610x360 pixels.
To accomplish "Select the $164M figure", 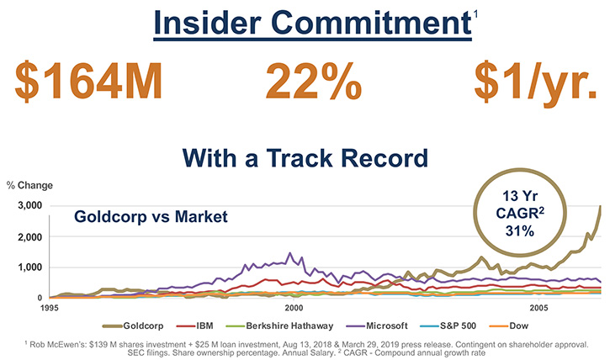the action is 88,81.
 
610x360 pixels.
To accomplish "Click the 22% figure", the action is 314,81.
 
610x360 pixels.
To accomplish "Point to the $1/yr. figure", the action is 536,82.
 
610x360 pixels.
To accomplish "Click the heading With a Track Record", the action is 305,158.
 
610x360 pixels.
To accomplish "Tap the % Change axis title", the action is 29,185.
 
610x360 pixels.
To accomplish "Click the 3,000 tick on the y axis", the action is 30,206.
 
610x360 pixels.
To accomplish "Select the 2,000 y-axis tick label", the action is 30,237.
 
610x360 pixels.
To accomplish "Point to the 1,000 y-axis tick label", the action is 30,267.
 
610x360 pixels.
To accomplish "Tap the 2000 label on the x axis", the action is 294,309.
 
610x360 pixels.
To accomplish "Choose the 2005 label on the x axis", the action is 538,309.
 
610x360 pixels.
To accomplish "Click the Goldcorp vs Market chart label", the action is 151,216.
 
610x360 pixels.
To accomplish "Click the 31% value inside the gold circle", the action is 520,231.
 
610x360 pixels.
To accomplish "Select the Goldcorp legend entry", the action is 133,326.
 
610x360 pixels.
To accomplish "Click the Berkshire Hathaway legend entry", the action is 279,326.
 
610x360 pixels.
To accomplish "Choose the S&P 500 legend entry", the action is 448,326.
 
